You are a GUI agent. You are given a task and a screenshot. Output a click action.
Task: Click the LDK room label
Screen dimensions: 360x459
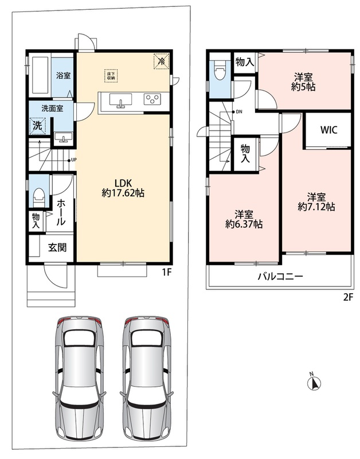[123, 183]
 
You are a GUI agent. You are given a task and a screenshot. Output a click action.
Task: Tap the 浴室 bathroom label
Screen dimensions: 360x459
[63, 75]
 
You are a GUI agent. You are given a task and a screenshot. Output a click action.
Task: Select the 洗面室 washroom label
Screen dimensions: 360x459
[52, 108]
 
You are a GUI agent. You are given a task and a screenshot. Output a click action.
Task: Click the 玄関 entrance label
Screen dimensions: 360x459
[57, 248]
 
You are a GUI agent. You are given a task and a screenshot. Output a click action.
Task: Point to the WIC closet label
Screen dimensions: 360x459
[328, 130]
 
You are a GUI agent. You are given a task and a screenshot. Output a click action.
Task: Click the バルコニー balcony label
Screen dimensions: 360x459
[280, 276]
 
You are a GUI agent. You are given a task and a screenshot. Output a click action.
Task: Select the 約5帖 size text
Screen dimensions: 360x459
[303, 87]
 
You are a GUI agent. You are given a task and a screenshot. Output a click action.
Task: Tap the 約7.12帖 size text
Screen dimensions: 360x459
[316, 207]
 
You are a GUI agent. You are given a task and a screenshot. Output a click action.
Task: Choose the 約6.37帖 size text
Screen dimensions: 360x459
[244, 224]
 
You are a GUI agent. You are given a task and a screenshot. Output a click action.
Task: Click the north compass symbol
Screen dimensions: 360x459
[314, 382]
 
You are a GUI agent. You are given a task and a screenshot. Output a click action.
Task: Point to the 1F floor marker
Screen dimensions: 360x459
[166, 273]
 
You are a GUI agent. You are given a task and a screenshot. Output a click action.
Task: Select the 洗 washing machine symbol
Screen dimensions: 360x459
[37, 126]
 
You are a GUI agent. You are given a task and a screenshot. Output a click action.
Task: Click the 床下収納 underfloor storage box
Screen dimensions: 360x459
[111, 76]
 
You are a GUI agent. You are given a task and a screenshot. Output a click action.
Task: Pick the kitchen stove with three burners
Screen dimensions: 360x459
[152, 99]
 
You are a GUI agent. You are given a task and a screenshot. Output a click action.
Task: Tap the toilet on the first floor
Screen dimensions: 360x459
[39, 197]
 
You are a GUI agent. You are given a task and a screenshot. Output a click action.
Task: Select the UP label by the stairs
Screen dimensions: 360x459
[74, 160]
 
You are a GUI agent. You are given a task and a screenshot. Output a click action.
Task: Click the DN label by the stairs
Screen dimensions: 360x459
[239, 111]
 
